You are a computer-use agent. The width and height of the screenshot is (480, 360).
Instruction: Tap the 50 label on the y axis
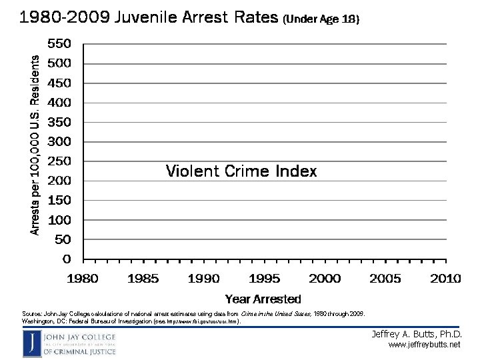tap(63, 239)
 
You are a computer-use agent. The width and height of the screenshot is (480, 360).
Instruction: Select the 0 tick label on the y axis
tap(67, 258)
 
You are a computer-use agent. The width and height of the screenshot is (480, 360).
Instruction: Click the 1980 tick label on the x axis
tap(83, 278)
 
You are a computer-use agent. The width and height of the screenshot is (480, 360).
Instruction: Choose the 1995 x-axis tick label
tap(265, 278)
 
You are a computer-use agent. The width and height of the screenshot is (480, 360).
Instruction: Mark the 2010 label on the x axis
tap(445, 278)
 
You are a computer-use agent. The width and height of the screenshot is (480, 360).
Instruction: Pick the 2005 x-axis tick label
tap(385, 278)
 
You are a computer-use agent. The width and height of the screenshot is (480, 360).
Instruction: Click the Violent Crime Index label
tap(241, 171)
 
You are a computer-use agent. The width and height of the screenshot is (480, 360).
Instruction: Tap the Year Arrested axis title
tap(263, 299)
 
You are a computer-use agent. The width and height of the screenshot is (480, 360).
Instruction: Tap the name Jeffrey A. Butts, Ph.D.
tap(416, 333)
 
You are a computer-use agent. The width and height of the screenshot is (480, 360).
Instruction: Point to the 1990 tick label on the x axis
tap(204, 278)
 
